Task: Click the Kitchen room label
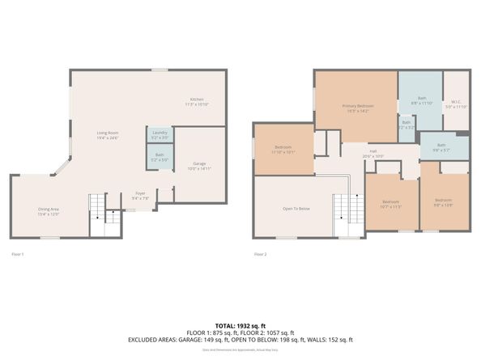tap(198, 100)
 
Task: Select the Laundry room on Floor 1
tap(159, 134)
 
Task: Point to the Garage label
tap(199, 164)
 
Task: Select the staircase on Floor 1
tap(98, 209)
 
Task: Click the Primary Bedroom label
tap(356, 107)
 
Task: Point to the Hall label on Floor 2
tap(373, 151)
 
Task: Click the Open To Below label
tap(296, 209)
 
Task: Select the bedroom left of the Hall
tap(283, 148)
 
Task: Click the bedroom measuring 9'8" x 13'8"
tap(443, 201)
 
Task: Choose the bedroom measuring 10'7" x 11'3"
tap(391, 203)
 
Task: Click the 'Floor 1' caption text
tap(18, 254)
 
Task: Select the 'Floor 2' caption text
tap(260, 254)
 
